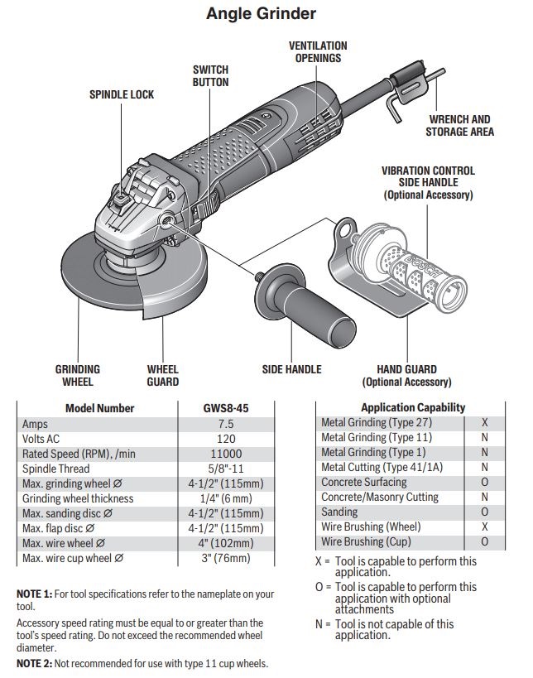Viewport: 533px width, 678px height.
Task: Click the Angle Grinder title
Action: click(x=261, y=14)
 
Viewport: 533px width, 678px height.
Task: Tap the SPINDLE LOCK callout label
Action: click(x=122, y=95)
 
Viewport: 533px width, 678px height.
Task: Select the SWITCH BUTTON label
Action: click(x=210, y=76)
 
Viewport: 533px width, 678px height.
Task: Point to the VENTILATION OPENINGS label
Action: click(x=317, y=52)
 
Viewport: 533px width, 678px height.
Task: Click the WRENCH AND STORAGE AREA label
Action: click(x=459, y=125)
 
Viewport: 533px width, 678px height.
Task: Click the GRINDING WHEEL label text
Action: click(x=78, y=375)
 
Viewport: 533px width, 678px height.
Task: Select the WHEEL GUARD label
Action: click(x=163, y=375)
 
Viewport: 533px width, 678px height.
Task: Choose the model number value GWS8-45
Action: click(x=226, y=408)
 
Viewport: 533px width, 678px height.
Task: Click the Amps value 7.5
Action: click(x=226, y=423)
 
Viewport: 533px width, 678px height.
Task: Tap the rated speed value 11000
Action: click(x=226, y=454)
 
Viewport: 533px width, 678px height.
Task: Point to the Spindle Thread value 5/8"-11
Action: click(x=226, y=469)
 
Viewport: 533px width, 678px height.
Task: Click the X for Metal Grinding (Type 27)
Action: click(x=484, y=422)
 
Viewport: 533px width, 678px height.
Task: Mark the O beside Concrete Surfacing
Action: click(x=484, y=482)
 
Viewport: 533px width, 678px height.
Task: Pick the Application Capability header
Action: click(x=412, y=407)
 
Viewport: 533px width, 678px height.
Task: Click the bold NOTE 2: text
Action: click(x=35, y=664)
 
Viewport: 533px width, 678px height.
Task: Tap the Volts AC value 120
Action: click(x=226, y=439)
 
